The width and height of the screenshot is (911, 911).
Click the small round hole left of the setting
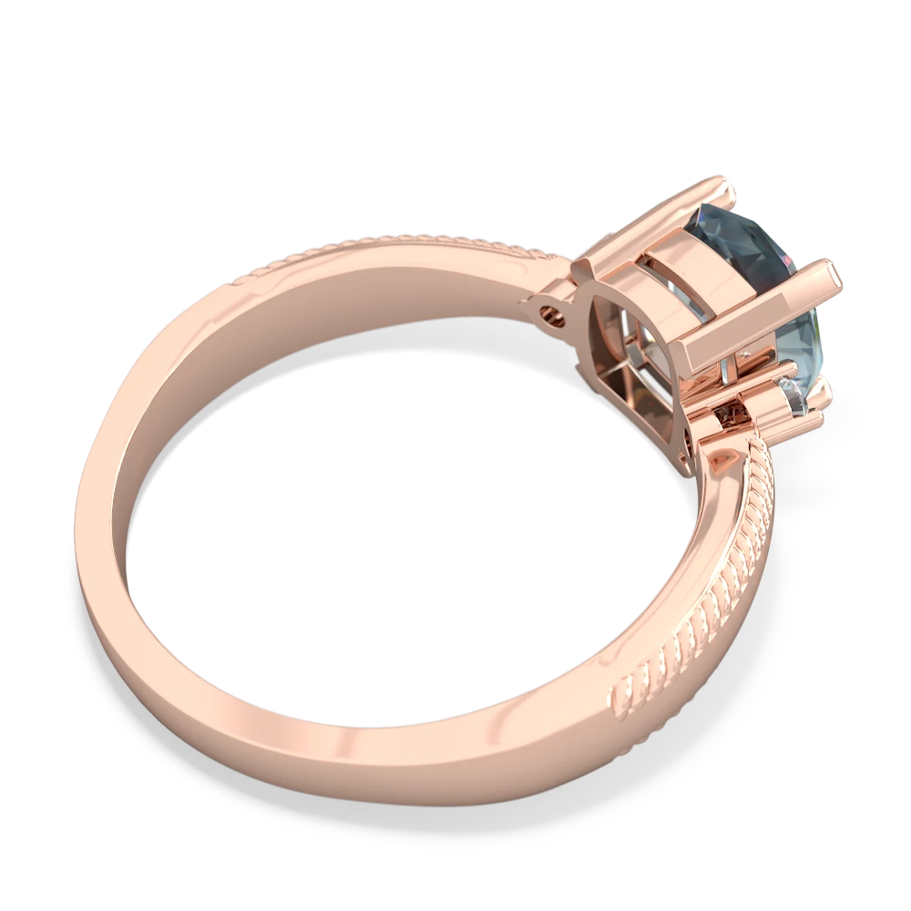[x=548, y=315]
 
